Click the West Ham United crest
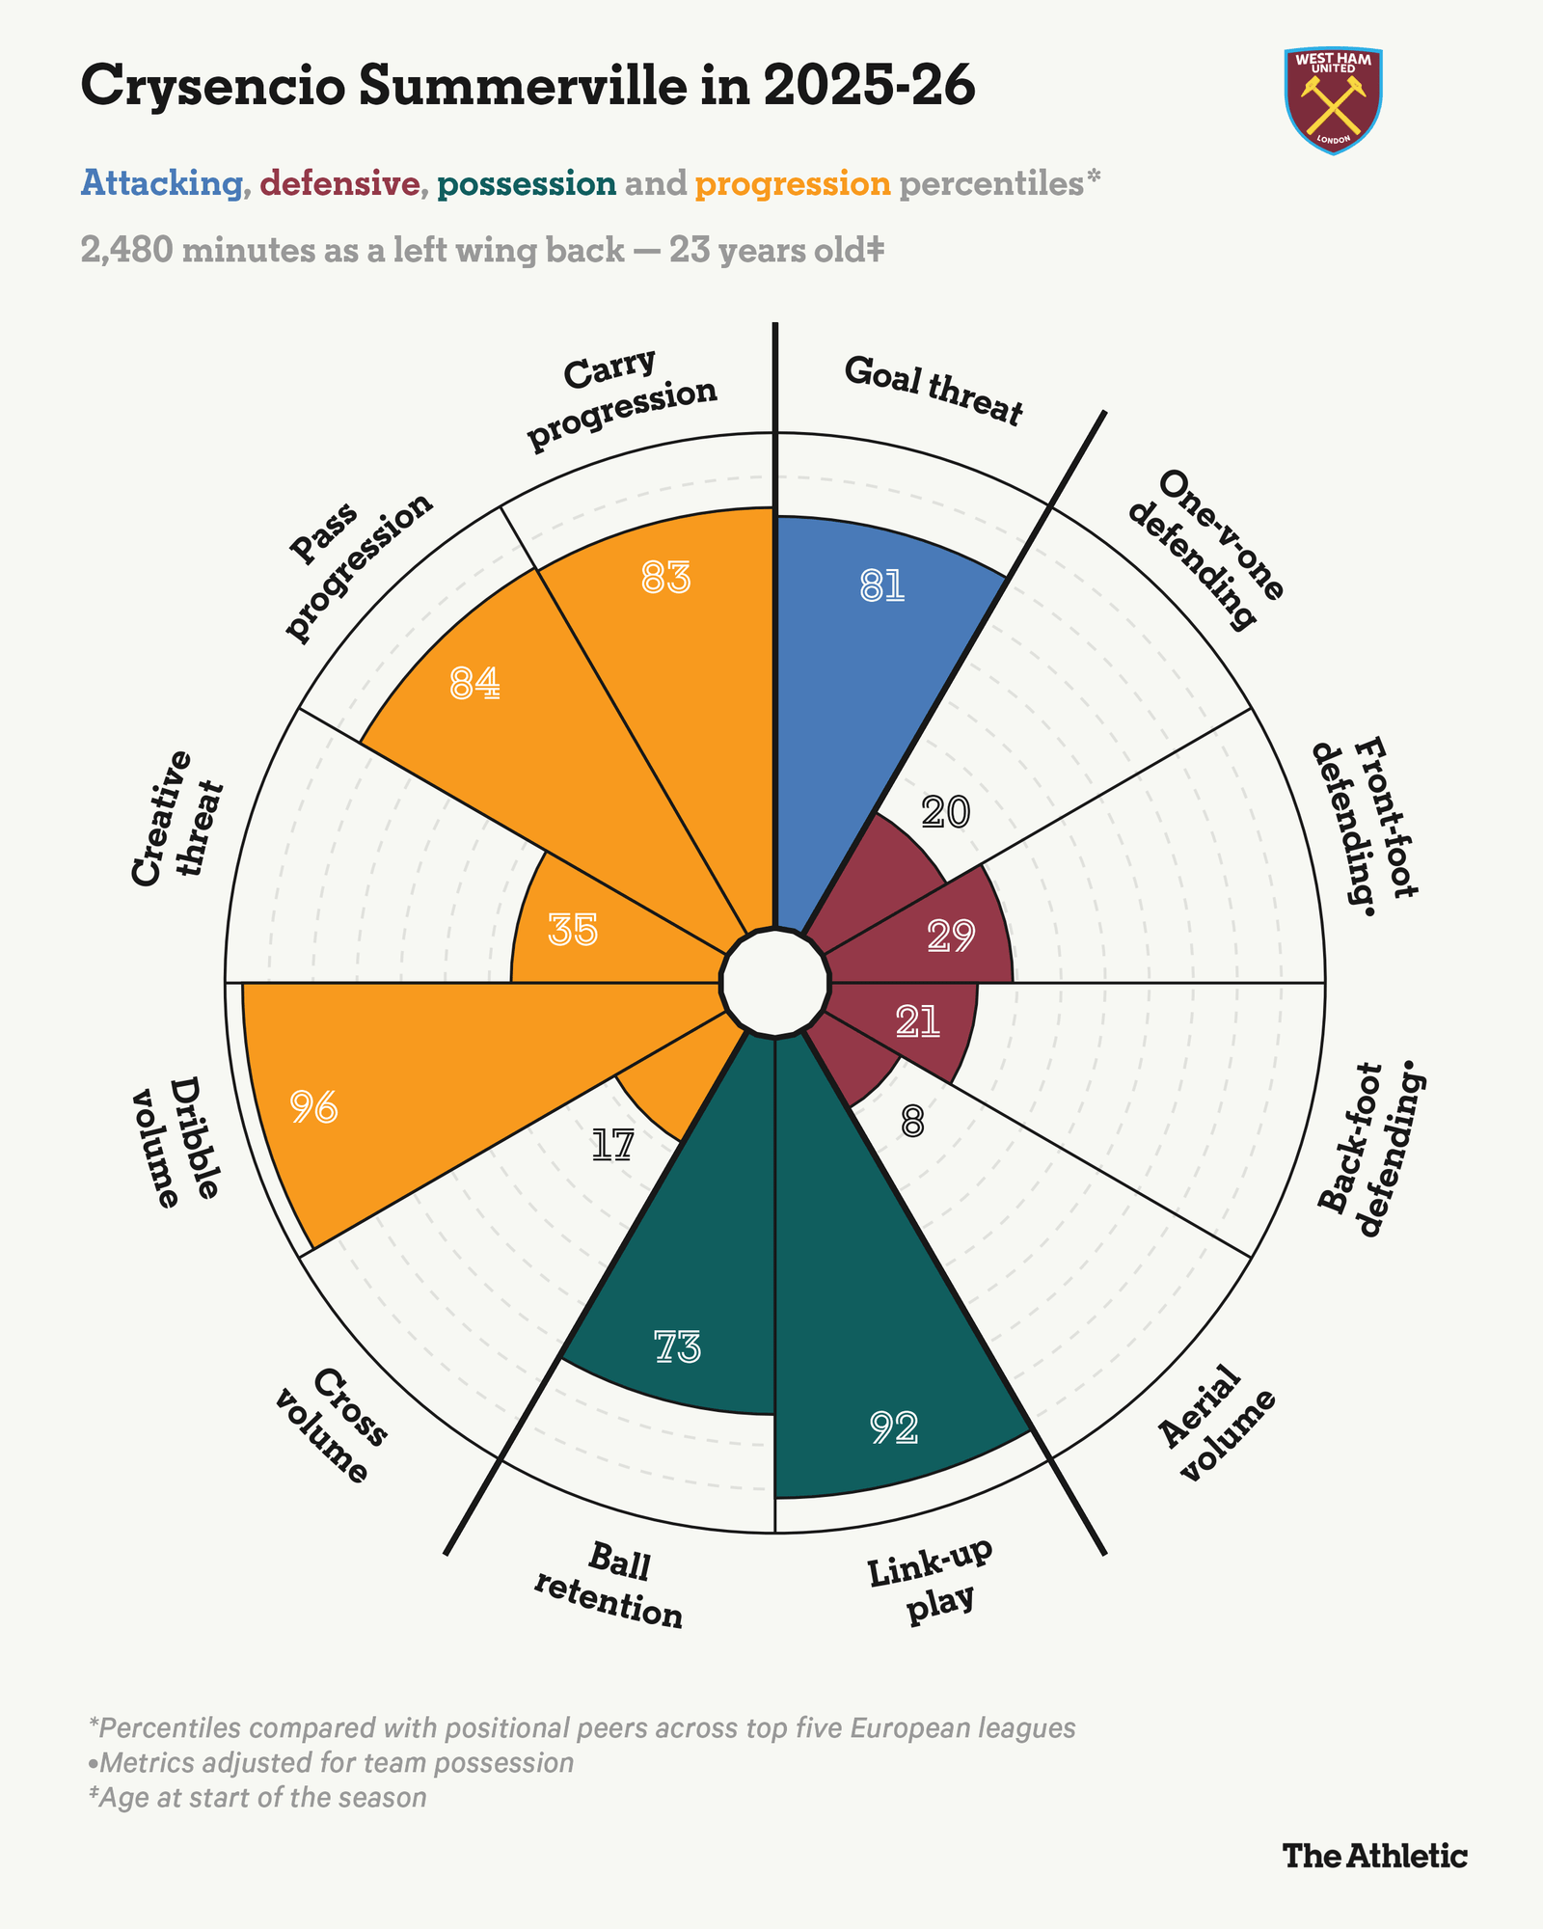[x=1335, y=100]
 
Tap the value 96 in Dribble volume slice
[x=314, y=1109]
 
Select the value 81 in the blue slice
[x=882, y=586]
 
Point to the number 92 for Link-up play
[x=894, y=1427]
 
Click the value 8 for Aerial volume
[x=912, y=1122]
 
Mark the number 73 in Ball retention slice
[x=677, y=1347]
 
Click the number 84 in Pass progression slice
[x=475, y=684]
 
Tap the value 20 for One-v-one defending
[x=945, y=813]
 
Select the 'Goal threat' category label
[x=933, y=392]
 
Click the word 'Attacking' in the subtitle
[x=162, y=183]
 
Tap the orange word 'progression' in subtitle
[x=793, y=183]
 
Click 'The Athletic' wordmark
[x=1375, y=1855]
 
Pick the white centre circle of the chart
[x=775, y=983]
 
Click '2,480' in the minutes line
[x=127, y=251]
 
